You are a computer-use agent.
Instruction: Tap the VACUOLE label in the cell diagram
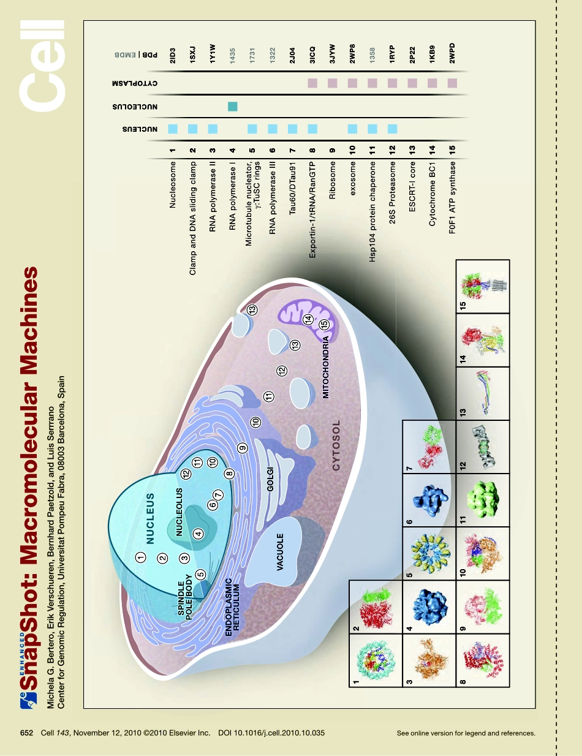click(279, 551)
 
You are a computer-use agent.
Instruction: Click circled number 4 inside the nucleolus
click(198, 533)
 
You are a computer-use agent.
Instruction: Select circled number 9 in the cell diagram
click(243, 448)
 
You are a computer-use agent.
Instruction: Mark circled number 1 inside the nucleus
click(140, 557)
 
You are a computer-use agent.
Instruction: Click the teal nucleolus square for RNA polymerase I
click(232, 107)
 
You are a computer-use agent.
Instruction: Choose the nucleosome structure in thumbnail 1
click(375, 663)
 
